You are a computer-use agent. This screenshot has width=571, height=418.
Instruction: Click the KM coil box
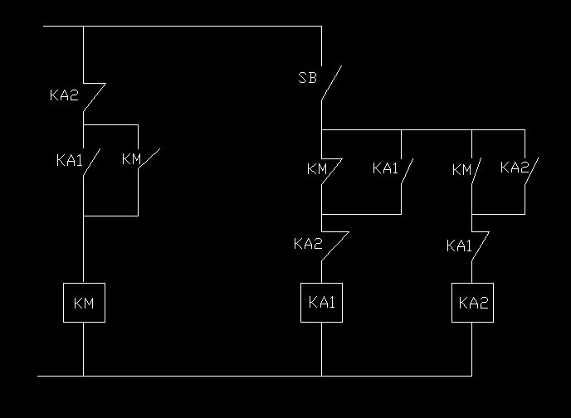[84, 304]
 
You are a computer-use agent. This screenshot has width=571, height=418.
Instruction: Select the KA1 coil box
[321, 303]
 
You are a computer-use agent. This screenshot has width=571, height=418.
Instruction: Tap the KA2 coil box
[472, 303]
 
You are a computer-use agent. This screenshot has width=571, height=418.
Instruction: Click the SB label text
[307, 79]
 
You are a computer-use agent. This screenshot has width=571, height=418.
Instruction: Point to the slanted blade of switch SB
[332, 83]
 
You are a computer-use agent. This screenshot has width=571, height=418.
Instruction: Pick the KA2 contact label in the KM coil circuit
[63, 95]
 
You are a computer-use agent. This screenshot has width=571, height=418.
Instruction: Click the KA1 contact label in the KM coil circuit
[70, 160]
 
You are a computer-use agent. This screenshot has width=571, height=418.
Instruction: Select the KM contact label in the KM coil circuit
[131, 158]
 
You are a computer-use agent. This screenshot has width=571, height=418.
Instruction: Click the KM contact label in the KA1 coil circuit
[316, 169]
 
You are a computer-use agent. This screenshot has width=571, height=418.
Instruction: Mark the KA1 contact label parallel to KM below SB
[385, 168]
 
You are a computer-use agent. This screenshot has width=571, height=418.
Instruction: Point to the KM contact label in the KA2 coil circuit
[461, 170]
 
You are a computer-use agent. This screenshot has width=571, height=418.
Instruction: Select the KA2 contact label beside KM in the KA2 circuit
[514, 167]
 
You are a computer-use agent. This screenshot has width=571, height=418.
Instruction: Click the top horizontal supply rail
[183, 26]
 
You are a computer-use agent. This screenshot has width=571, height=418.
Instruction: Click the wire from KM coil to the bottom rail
[84, 349]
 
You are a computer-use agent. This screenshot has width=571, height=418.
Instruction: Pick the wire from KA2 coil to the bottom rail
[472, 349]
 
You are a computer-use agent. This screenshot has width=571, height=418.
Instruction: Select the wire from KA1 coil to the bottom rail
[321, 349]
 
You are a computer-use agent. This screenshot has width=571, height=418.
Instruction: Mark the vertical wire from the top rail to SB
[321, 46]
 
